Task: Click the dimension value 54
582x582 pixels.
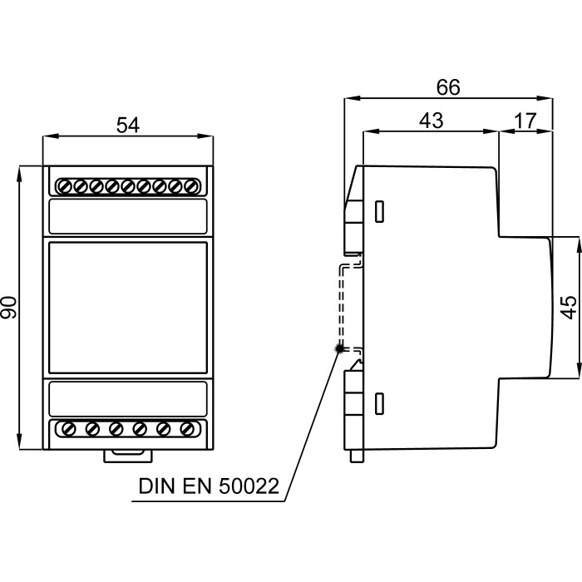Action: pyautogui.click(x=127, y=126)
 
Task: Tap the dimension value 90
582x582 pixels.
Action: pyautogui.click(x=9, y=308)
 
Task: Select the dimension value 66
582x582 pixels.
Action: pyautogui.click(x=448, y=87)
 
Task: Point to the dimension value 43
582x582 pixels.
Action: pyautogui.click(x=430, y=121)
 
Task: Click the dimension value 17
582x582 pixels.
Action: pyautogui.click(x=525, y=121)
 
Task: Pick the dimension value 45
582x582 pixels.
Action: pyautogui.click(x=568, y=307)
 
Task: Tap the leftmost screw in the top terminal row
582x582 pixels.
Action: pyautogui.click(x=63, y=185)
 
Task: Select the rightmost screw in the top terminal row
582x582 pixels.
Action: pyautogui.click(x=191, y=185)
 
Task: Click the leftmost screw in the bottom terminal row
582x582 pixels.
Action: pyautogui.click(x=67, y=429)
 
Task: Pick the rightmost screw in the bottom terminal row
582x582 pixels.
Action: pyautogui.click(x=188, y=429)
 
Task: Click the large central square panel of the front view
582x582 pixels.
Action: pyautogui.click(x=127, y=308)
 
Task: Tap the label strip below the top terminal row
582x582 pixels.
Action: pyautogui.click(x=127, y=216)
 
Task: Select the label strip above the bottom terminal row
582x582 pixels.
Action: pyautogui.click(x=127, y=398)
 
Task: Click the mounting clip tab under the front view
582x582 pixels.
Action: pyautogui.click(x=127, y=455)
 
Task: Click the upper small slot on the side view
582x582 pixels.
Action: pyautogui.click(x=379, y=211)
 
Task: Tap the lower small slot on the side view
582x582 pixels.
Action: pyautogui.click(x=379, y=404)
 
